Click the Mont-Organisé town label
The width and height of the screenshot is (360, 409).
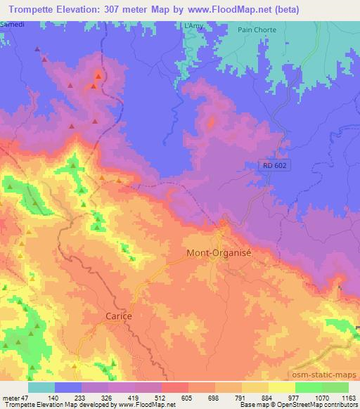pyautogui.click(x=218, y=252)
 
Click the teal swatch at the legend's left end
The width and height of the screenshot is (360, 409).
pyautogui.click(x=41, y=387)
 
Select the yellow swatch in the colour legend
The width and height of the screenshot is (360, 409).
pyautogui.click(x=282, y=387)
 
